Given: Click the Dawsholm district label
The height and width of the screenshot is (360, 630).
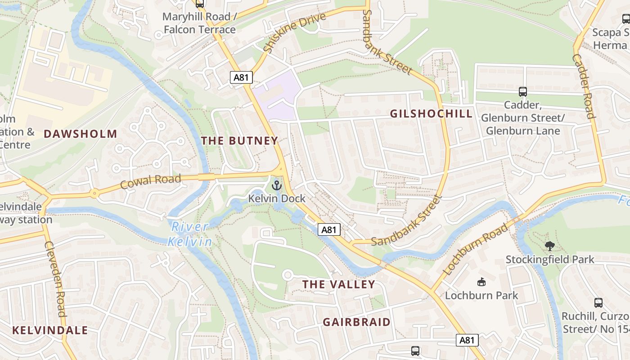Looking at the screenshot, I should [x=80, y=134].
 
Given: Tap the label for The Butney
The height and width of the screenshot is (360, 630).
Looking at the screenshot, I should [x=239, y=140].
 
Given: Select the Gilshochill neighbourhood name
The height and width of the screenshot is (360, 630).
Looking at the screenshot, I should [x=431, y=113].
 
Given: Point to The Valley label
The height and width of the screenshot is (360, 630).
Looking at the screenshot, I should [x=338, y=284].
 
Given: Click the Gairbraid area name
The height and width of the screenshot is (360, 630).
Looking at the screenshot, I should [x=357, y=322].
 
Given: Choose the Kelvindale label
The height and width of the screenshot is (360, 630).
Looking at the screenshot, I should [x=50, y=330].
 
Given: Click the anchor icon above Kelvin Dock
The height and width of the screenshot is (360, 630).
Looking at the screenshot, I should [x=277, y=185].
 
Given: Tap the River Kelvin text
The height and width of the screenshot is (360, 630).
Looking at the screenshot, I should [x=190, y=234].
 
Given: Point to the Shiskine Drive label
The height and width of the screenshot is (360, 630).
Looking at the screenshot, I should [x=294, y=32].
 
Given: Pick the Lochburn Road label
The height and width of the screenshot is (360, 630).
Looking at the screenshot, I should [x=475, y=249].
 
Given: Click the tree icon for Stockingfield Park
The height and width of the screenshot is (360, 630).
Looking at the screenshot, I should [x=549, y=246].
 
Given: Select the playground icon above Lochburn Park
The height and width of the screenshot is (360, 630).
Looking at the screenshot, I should [x=481, y=282].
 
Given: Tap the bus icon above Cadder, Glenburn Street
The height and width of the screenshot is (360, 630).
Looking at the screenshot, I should [x=522, y=91].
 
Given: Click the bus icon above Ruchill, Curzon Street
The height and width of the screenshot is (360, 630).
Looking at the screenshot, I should [x=598, y=302].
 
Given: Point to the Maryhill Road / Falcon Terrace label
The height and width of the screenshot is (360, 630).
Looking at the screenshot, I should [x=199, y=23].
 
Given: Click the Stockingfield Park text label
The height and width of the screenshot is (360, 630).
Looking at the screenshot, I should [x=550, y=260].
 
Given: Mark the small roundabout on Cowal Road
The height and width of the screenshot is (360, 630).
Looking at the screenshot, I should [x=94, y=194].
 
